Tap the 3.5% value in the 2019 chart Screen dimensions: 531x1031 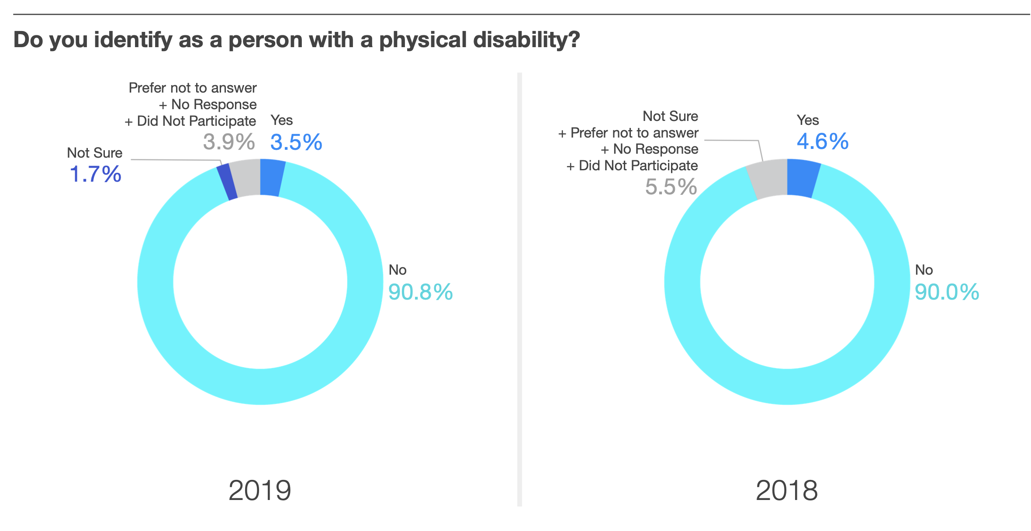(296, 142)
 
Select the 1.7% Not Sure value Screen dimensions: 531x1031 (95, 174)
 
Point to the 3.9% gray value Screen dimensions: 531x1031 (229, 142)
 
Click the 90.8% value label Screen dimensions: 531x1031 (420, 292)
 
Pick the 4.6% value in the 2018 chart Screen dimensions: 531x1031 (823, 141)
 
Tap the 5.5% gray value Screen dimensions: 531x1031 (671, 187)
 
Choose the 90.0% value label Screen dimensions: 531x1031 (947, 292)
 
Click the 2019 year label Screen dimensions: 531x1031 (259, 490)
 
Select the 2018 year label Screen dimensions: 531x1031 (786, 490)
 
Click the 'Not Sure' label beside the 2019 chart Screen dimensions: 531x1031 (94, 153)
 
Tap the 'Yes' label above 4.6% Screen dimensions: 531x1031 (807, 120)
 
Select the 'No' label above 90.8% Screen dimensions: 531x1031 (398, 270)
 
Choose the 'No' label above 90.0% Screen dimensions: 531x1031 (924, 270)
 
